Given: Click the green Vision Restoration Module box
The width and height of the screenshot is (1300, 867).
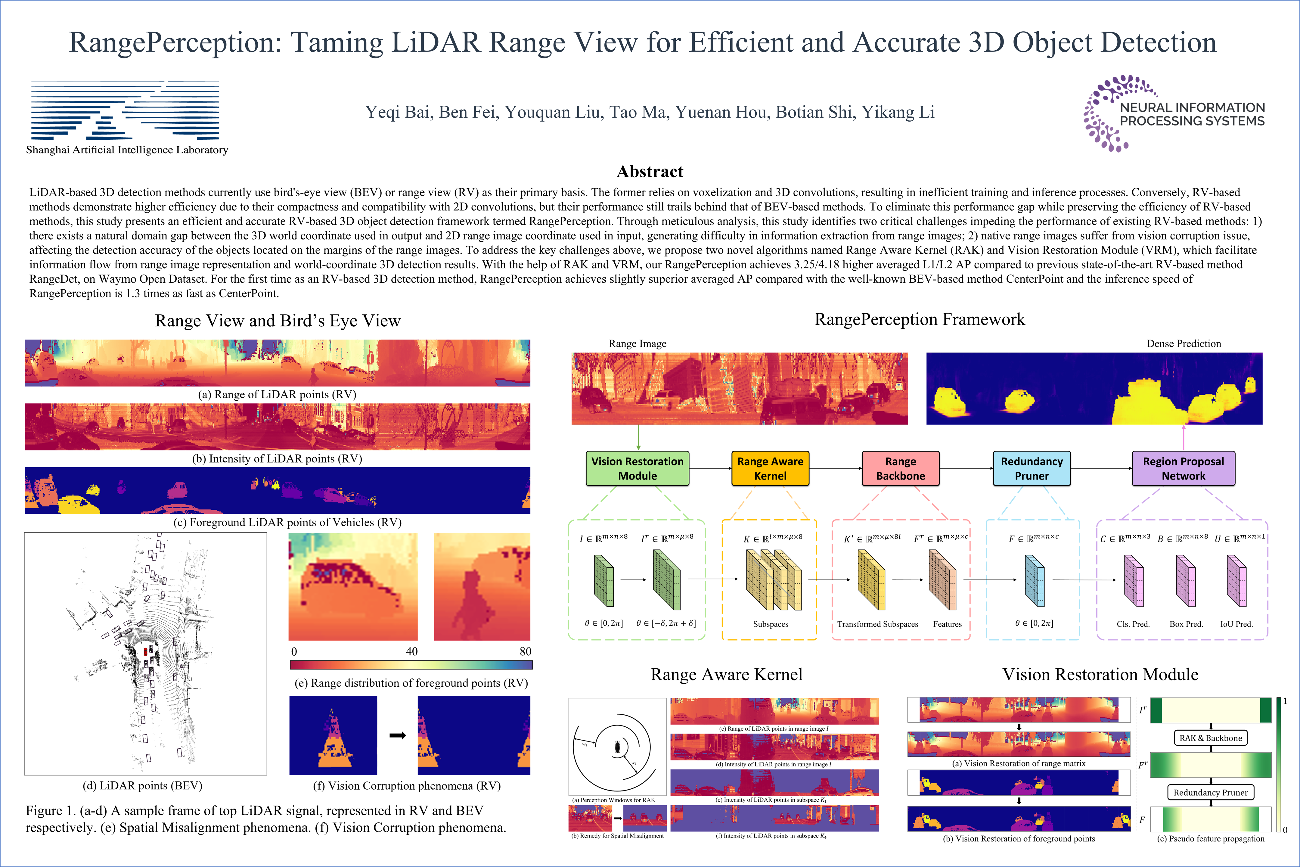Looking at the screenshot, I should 637,468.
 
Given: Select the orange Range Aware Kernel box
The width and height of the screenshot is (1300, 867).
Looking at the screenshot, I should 770,468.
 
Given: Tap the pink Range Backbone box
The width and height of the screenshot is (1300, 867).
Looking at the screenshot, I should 900,468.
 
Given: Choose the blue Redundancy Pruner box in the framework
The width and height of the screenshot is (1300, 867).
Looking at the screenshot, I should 1032,468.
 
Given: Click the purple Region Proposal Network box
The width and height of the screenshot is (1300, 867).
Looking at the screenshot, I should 1184,468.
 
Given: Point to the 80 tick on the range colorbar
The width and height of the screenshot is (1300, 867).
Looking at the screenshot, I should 525,651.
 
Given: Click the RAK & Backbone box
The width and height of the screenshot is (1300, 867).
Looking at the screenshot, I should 1211,738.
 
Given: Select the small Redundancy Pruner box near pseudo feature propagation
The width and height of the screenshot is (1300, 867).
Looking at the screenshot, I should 1211,792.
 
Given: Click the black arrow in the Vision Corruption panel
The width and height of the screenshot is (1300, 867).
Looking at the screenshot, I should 397,735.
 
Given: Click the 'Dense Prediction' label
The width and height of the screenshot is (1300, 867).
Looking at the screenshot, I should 1184,343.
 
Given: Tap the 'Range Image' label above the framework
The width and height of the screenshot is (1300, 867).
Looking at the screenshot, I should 637,343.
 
